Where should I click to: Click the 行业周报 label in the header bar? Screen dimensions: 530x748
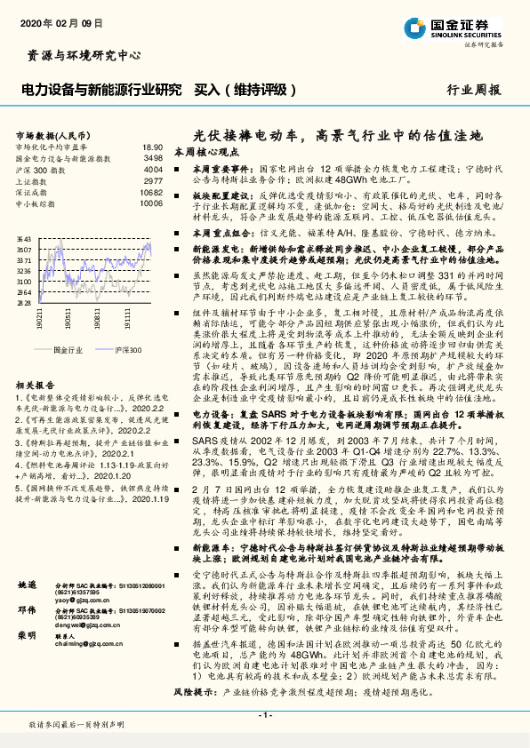tap(473, 90)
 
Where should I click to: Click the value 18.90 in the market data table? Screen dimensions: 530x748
tap(152, 147)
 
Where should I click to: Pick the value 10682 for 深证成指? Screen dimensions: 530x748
tap(151, 191)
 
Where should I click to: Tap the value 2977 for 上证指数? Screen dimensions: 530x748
tap(153, 180)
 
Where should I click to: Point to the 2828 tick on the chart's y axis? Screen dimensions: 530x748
tap(24, 303)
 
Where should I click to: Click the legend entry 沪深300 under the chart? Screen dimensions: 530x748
tap(128, 351)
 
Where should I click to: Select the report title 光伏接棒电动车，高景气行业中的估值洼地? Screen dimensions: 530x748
tap(338, 136)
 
